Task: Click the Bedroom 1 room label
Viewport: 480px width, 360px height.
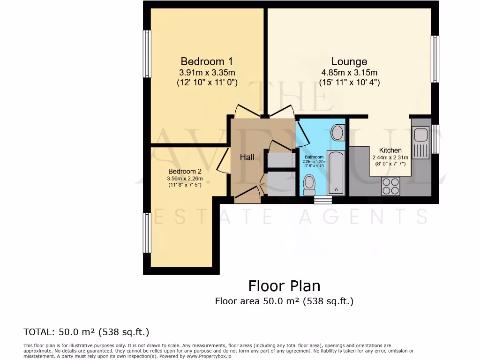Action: point(207,61)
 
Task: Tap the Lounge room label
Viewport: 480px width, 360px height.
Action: point(349,61)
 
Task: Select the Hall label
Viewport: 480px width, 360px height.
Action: point(247,157)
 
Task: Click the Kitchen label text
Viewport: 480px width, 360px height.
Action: point(390,150)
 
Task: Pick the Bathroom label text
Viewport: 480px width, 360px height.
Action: point(314,157)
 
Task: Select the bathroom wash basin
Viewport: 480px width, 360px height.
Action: point(337,133)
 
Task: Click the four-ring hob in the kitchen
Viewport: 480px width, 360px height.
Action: point(391,186)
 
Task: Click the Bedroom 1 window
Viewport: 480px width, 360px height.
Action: point(148,54)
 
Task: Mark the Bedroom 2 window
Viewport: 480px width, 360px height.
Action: point(148,232)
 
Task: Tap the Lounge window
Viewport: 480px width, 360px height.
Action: point(435,59)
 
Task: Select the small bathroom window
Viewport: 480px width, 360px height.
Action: point(322,200)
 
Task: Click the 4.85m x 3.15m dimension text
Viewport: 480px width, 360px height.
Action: point(349,73)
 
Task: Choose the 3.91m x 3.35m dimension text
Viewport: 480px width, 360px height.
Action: point(207,73)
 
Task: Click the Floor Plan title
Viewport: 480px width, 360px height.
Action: point(284,285)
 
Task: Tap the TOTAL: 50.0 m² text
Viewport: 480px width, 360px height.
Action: point(86,332)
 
